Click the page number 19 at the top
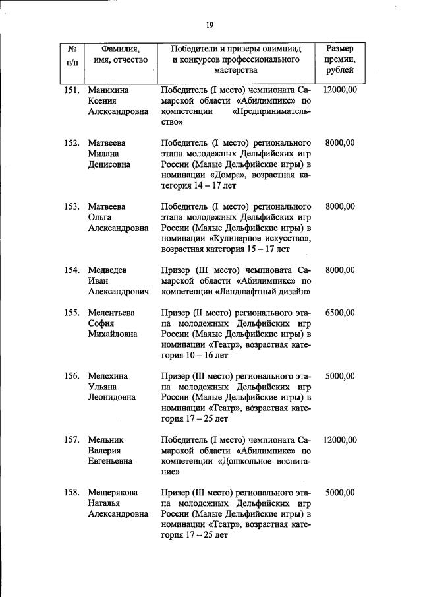click(x=209, y=26)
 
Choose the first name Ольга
click(x=100, y=217)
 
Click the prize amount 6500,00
click(x=340, y=313)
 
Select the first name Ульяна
click(x=104, y=387)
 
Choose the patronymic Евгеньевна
click(x=111, y=460)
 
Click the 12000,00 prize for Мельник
click(x=340, y=439)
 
